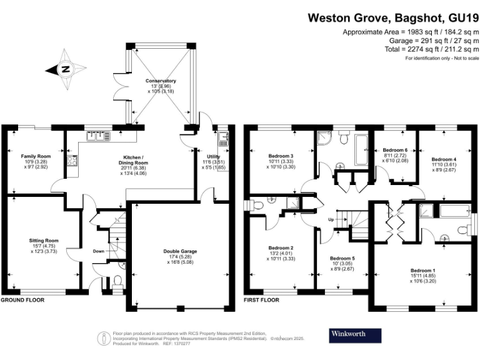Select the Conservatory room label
(x=161, y=81)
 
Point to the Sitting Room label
(x=44, y=240)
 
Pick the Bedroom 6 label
(x=395, y=151)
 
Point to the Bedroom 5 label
(x=342, y=258)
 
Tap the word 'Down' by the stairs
(x=99, y=251)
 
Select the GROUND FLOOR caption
(x=22, y=300)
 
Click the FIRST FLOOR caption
(x=261, y=300)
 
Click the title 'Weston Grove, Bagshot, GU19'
(x=394, y=18)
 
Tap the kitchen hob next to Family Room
(x=72, y=161)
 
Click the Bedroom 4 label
(x=444, y=160)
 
